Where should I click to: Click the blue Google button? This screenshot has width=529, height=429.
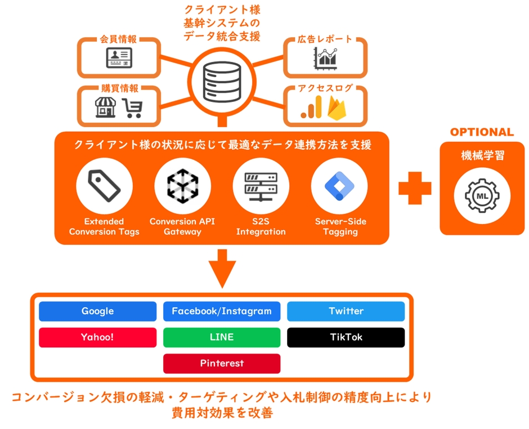coord(97,311)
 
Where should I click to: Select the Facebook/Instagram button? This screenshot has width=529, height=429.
coord(222,311)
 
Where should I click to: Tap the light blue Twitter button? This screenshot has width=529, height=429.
coord(346,311)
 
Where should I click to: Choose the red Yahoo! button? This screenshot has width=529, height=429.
coord(97,337)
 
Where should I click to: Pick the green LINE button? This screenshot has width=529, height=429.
coord(222,337)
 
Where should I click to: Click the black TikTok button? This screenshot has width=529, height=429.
coord(346,337)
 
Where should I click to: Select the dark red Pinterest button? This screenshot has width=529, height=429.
coord(222,363)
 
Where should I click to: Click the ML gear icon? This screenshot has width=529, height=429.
coord(482,195)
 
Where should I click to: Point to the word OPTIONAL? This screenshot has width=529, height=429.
coord(482,132)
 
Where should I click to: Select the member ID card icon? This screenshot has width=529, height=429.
coord(119,58)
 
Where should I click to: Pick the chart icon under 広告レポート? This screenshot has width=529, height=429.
coord(326,58)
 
